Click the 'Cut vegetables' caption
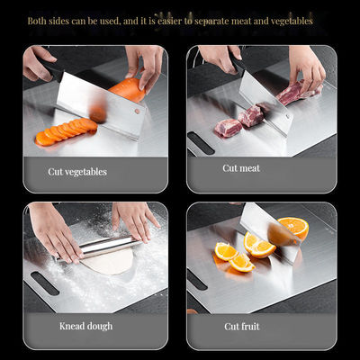coord(77,171)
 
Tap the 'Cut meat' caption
coord(242,168)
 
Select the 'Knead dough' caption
coord(85,326)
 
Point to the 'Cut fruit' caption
coord(243,326)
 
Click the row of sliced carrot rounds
coord(65,131)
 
